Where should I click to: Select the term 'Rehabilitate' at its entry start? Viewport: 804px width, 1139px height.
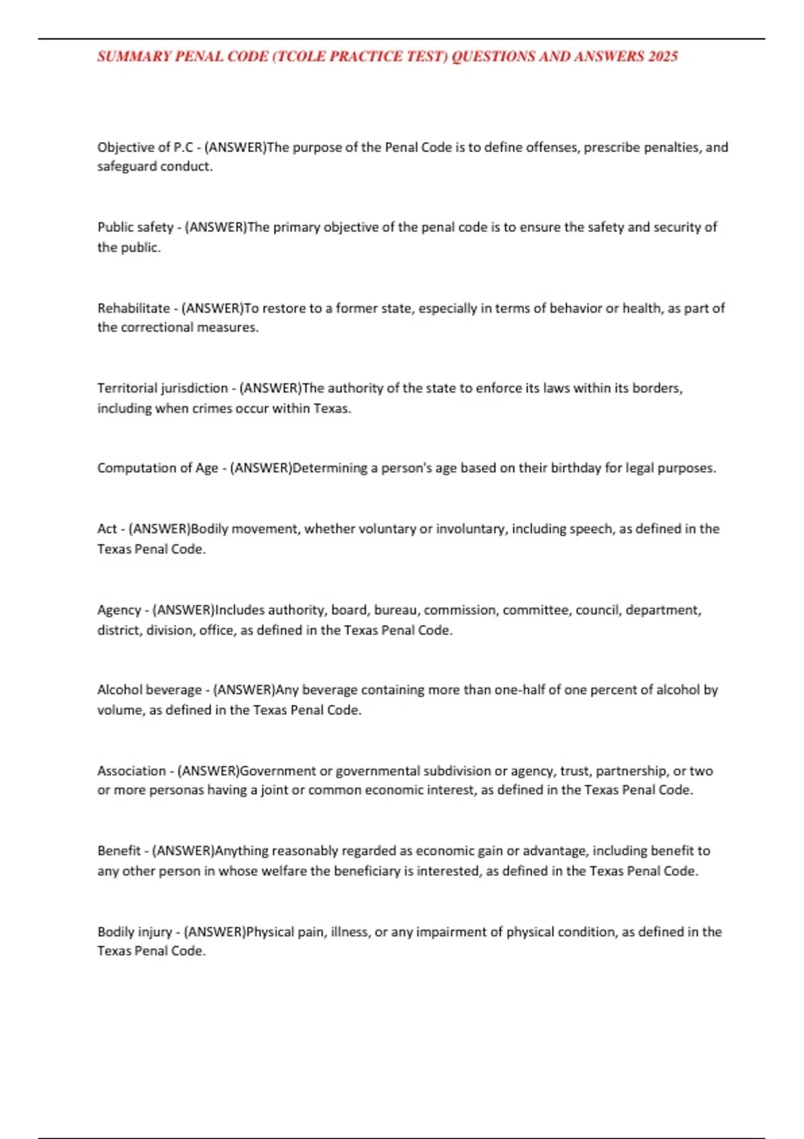133,308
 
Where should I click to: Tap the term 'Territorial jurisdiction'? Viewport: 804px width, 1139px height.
162,388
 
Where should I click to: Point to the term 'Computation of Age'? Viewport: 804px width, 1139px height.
157,468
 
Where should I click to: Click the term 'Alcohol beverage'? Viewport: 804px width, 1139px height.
149,689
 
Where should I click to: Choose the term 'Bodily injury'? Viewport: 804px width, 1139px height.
135,931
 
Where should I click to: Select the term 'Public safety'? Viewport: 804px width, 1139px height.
135,227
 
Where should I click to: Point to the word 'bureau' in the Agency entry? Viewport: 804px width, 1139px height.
395,610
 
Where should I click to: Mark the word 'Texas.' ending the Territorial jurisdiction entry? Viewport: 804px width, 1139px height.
332,408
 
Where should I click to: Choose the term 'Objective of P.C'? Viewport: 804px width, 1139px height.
145,147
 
